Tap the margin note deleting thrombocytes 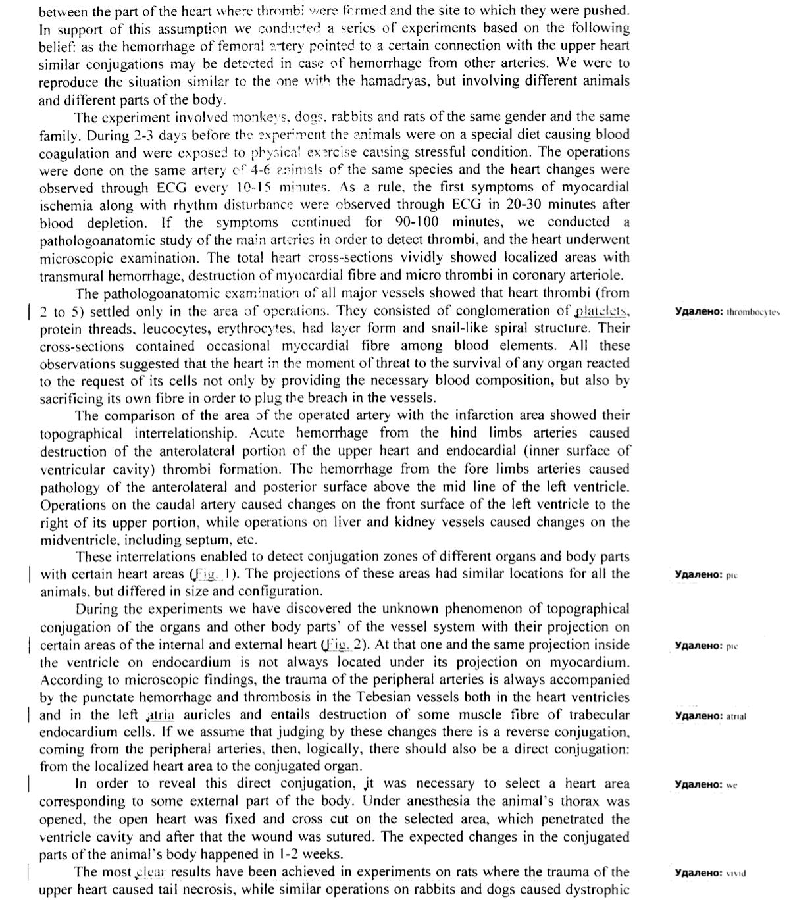pyautogui.click(x=727, y=312)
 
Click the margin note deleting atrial pyautogui.click(x=711, y=716)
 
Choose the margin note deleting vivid pyautogui.click(x=710, y=873)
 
